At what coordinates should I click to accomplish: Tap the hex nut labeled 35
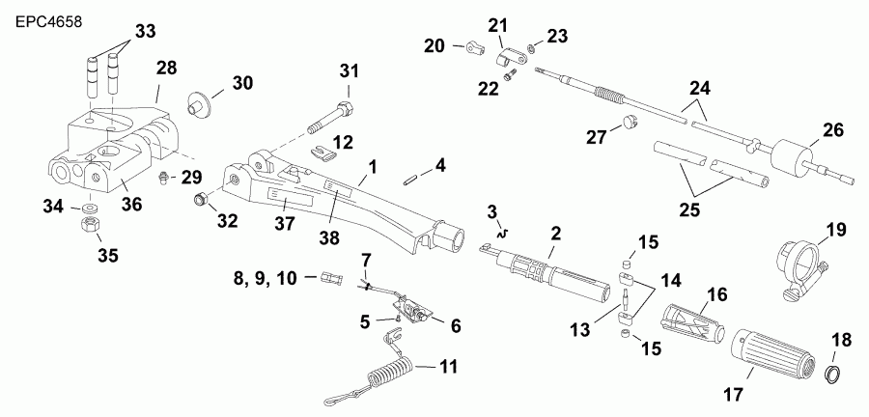[x=88, y=225]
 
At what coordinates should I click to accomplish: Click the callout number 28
[x=167, y=69]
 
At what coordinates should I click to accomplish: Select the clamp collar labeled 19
[x=798, y=264]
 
